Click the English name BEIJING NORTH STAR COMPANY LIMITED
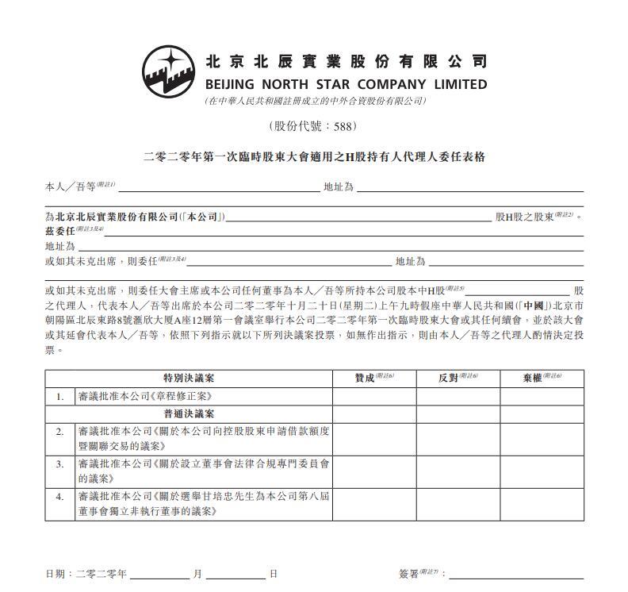pyautogui.click(x=346, y=84)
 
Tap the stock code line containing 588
pyautogui.click(x=313, y=126)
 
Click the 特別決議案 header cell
pyautogui.click(x=189, y=379)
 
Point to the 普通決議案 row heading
pyautogui.click(x=189, y=413)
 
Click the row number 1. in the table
pyautogui.click(x=59, y=396)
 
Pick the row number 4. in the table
pyautogui.click(x=59, y=496)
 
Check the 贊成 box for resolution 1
pyautogui.click(x=374, y=396)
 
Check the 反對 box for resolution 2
pyautogui.click(x=458, y=438)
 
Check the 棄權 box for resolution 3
pyautogui.click(x=542, y=471)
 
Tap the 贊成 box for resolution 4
pyautogui.click(x=374, y=504)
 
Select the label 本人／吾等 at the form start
pyautogui.click(x=69, y=187)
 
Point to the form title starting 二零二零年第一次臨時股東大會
pyautogui.click(x=314, y=157)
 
